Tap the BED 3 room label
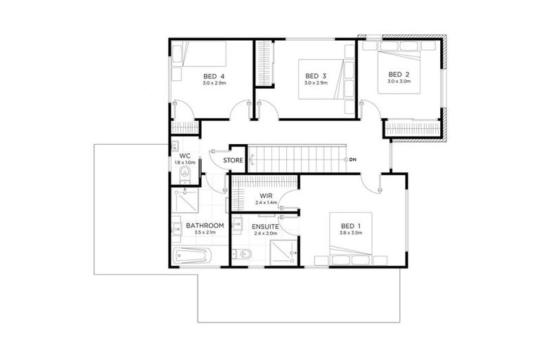(316, 76)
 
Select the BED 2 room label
(398, 74)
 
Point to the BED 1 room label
(349, 226)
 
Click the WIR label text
(265, 195)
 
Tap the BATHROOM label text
(205, 226)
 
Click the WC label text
(185, 155)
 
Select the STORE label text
(233, 160)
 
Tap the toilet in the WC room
(186, 172)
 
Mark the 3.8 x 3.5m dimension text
(349, 233)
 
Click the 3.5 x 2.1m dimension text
(205, 233)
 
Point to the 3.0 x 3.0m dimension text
(398, 82)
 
